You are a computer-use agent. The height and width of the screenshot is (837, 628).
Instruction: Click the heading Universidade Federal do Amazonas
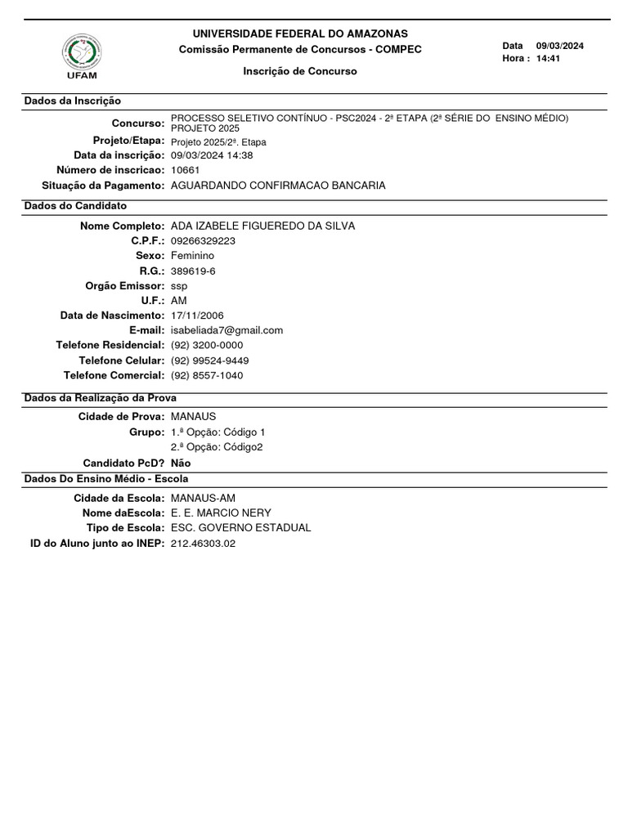[299, 34]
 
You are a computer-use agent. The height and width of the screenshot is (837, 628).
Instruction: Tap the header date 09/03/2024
[560, 46]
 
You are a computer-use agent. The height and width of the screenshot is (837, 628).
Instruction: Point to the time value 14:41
[549, 59]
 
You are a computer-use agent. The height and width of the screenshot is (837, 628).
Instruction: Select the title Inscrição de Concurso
[300, 71]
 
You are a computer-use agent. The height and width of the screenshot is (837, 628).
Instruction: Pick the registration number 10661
[186, 170]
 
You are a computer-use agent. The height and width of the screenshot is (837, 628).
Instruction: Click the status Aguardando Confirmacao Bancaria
[278, 186]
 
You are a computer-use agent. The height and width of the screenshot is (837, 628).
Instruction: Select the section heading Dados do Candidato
[75, 206]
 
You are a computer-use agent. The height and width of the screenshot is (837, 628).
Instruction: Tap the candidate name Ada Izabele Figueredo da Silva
[262, 226]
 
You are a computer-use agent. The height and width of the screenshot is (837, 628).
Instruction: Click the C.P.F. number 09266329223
[204, 241]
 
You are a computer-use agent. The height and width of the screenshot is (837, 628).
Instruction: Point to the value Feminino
[192, 256]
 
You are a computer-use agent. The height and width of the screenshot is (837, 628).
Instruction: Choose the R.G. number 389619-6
[194, 271]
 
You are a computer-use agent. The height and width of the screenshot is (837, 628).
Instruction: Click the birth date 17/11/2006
[197, 316]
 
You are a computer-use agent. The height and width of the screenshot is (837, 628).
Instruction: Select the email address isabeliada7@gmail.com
[227, 330]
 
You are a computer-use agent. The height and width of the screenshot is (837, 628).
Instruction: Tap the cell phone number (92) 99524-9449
[210, 360]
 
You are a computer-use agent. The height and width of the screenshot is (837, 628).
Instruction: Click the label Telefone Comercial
[114, 375]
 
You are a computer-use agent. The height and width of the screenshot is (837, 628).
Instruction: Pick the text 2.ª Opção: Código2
[217, 447]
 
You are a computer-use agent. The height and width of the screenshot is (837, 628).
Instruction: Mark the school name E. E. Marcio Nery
[221, 512]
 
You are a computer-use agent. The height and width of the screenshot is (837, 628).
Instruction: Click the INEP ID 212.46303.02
[203, 544]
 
